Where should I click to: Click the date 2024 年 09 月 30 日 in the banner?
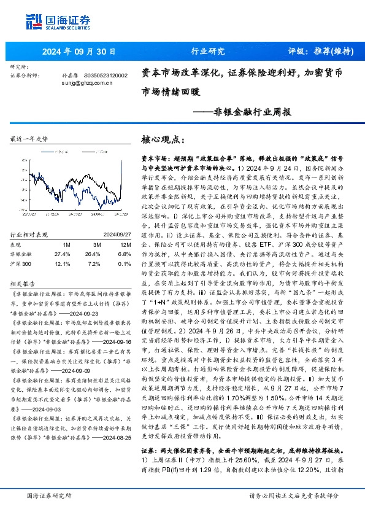click(75, 52)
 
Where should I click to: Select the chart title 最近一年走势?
click(29, 139)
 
